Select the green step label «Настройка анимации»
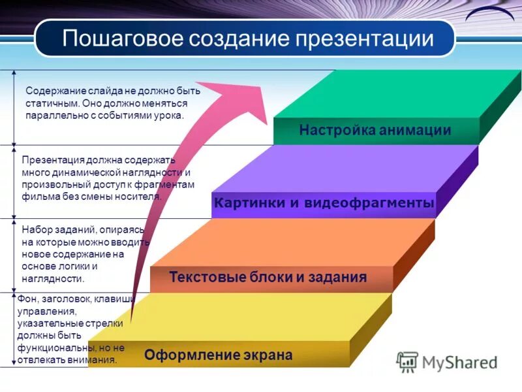click(x=375, y=130)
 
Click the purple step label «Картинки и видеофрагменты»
click(x=324, y=203)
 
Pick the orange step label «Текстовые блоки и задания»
click(x=268, y=277)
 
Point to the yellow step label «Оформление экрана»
click(x=219, y=355)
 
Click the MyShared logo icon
click(x=407, y=362)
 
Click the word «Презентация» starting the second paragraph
click(x=51, y=161)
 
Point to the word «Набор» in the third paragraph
click(x=36, y=230)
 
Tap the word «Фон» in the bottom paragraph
click(x=27, y=299)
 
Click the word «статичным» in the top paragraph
click(x=52, y=103)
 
